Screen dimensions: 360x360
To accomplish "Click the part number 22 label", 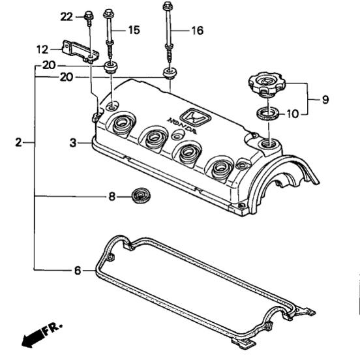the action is tap(67, 17).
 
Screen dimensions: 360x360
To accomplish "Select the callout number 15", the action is tap(134, 30).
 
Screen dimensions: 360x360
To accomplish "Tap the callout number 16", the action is tap(198, 31).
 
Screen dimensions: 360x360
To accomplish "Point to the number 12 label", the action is tap(42, 50).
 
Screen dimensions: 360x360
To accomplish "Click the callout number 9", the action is tap(325, 99).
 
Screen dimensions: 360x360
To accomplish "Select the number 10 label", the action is tap(293, 114).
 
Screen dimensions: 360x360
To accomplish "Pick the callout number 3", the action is tap(73, 143).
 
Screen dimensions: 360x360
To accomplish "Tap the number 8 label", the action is tap(112, 197).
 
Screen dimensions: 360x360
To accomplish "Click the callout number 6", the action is tap(78, 271).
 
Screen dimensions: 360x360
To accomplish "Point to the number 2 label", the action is tap(19, 142).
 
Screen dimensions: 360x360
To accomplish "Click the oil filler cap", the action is tap(267, 84).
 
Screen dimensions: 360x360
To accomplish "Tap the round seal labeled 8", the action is tap(142, 196).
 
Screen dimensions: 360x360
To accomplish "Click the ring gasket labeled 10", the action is tap(268, 113).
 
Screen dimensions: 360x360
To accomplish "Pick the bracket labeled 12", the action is tap(80, 52).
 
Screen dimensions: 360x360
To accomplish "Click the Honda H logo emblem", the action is tap(195, 118).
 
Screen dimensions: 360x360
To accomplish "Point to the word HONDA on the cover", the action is tap(183, 126).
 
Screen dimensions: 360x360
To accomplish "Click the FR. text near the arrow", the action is tap(52, 329).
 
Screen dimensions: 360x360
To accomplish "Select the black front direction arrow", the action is tap(32, 338).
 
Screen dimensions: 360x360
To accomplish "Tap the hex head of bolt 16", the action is tap(167, 5).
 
